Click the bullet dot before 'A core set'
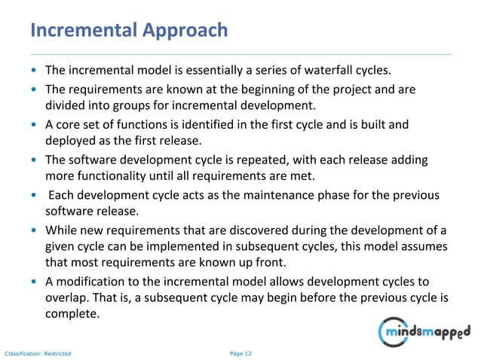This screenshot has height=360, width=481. point(35,125)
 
